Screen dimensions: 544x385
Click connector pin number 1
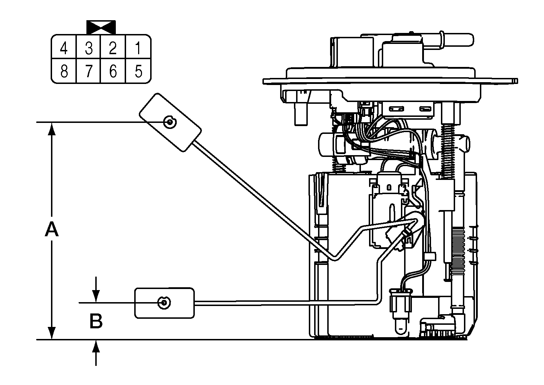coord(138,48)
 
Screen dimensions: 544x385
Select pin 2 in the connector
coord(113,48)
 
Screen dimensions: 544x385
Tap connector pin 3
coord(89,48)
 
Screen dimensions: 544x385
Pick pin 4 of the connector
coord(64,48)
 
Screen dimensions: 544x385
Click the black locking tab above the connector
coord(101,27)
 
